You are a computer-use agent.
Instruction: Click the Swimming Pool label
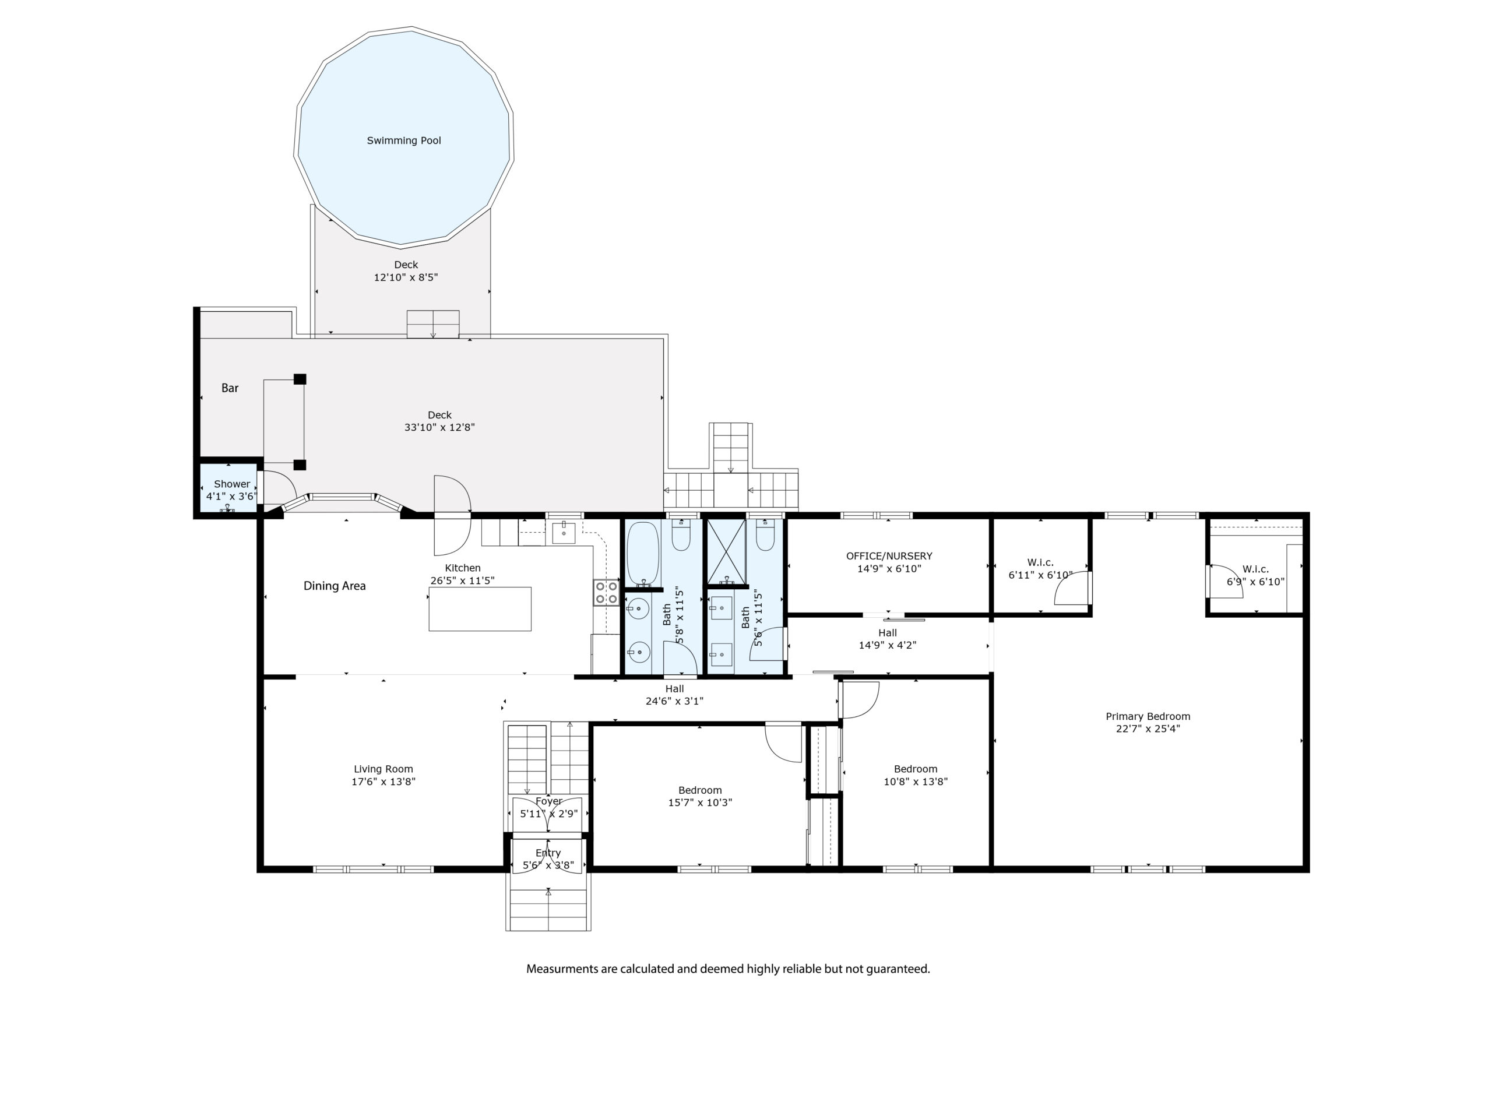(x=403, y=140)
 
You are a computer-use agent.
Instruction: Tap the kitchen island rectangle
(x=480, y=608)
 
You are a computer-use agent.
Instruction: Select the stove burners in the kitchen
(x=606, y=592)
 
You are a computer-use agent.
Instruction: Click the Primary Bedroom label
(x=1148, y=716)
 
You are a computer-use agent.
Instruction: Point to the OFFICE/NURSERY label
(x=889, y=556)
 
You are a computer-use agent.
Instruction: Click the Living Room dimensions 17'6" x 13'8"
(x=383, y=781)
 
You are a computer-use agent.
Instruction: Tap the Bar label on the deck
(x=230, y=388)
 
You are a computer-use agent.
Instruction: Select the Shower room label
(x=232, y=484)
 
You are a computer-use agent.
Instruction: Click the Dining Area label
(x=335, y=586)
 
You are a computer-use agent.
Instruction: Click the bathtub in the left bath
(x=643, y=554)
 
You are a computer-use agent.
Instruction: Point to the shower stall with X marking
(x=726, y=552)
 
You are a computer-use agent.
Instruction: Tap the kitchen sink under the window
(x=564, y=532)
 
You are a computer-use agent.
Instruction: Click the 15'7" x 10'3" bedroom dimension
(x=699, y=802)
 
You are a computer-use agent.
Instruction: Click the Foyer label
(x=549, y=801)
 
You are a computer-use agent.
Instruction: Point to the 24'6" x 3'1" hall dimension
(x=674, y=701)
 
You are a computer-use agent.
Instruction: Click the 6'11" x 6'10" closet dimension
(x=1040, y=575)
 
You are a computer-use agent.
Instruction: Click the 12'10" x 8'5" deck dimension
(x=406, y=277)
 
